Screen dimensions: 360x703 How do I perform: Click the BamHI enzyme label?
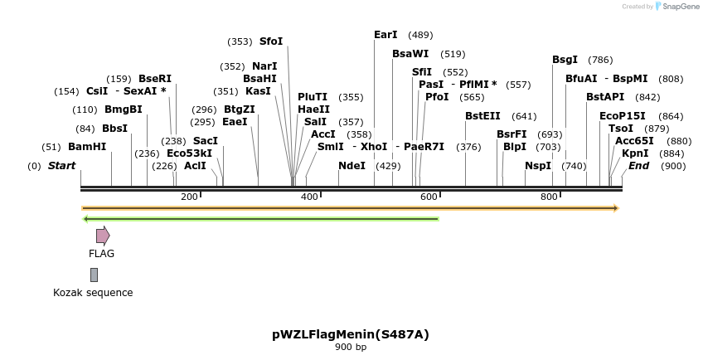click(87, 147)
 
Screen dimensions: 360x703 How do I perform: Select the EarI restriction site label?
click(385, 35)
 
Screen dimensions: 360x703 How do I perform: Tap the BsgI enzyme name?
click(565, 60)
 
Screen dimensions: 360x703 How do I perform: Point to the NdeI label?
click(351, 166)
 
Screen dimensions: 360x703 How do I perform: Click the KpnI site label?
click(635, 153)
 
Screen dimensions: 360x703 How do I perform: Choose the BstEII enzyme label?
click(482, 116)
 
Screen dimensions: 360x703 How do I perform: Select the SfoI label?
click(271, 41)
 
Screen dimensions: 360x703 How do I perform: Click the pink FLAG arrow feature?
click(103, 236)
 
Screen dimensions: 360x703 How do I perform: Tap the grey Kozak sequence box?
click(94, 275)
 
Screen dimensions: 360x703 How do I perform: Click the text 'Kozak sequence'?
click(93, 293)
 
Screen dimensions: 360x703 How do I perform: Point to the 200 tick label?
click(189, 197)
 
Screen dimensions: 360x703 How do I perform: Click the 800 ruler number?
click(549, 197)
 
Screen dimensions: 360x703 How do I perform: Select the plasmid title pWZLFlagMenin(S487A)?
click(351, 335)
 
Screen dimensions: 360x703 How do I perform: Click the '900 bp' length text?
click(351, 348)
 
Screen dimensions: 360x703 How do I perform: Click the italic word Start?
click(61, 166)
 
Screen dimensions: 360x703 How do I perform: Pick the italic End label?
click(638, 166)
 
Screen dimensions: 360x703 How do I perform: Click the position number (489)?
click(420, 35)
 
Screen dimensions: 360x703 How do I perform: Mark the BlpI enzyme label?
click(515, 147)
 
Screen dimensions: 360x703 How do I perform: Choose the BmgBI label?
click(123, 109)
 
